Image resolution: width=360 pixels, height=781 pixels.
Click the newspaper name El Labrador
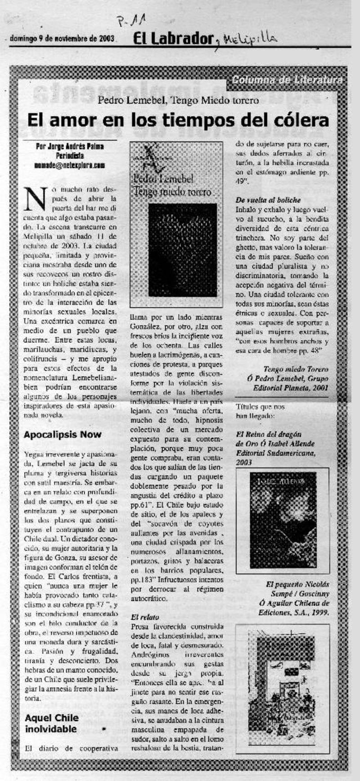[x=172, y=39]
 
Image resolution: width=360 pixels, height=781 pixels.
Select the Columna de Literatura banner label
[x=287, y=80]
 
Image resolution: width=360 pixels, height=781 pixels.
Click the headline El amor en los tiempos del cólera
[x=178, y=120]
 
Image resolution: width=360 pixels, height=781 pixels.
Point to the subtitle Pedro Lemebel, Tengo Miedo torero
[x=178, y=100]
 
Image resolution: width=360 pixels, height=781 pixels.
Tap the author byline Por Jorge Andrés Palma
[x=70, y=146]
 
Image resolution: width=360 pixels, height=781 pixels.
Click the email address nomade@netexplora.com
[x=70, y=166]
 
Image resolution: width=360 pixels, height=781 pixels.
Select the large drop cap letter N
[x=36, y=198]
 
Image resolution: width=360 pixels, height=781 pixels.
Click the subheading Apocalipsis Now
[x=63, y=435]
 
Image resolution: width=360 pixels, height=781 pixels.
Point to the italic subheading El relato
[x=139, y=617]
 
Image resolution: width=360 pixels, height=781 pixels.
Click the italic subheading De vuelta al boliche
[x=268, y=200]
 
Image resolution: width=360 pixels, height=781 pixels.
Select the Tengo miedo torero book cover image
[x=176, y=224]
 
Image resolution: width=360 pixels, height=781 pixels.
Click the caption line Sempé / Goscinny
[x=304, y=594]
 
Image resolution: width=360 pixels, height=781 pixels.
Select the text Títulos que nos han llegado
[x=260, y=411]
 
